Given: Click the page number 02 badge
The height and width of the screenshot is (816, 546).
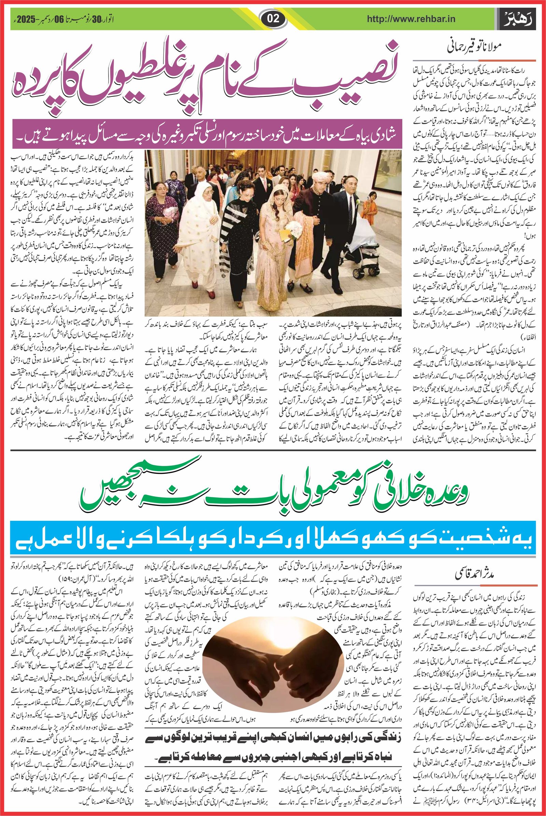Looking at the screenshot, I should (273, 18).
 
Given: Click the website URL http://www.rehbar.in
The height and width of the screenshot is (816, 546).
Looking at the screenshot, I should (411, 19).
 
